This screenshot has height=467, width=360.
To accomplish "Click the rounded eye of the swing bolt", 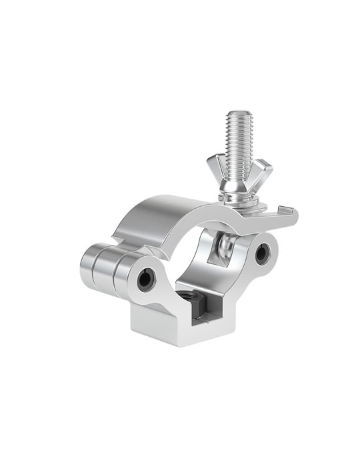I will [225, 248].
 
